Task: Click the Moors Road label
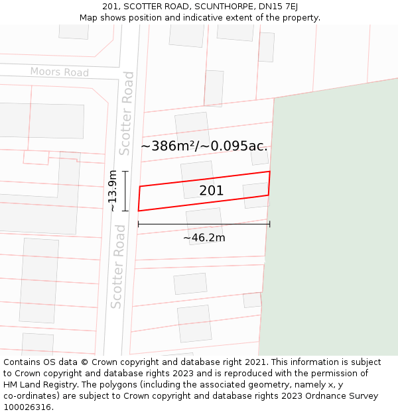tap(59, 72)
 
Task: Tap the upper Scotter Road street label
tap(126, 113)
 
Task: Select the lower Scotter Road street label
tap(117, 266)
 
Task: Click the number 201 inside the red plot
tap(211, 191)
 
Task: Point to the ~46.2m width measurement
tap(204, 238)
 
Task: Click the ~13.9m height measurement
tap(113, 191)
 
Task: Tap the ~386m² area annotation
tap(204, 146)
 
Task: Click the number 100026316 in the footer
tap(28, 407)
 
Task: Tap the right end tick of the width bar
tap(269, 224)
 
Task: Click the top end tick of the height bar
tap(125, 172)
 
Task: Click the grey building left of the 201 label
tap(197, 179)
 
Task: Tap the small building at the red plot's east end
tap(255, 195)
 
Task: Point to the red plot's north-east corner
tap(269, 172)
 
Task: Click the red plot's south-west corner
tap(138, 211)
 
